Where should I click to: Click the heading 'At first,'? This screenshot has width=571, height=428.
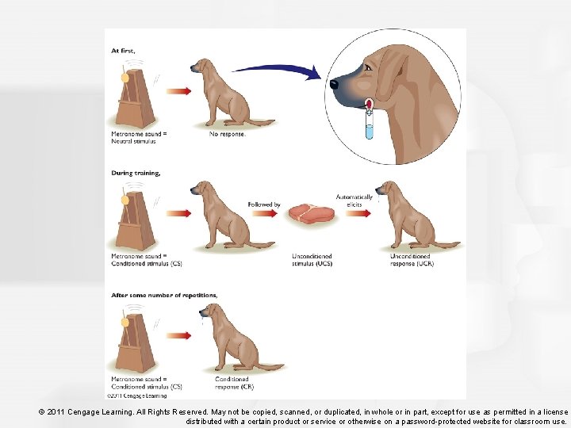coord(123,50)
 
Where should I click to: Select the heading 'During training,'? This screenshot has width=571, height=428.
coord(136,172)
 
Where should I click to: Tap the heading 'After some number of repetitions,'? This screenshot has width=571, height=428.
coord(163,295)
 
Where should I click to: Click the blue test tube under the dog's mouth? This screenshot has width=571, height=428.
coord(368,124)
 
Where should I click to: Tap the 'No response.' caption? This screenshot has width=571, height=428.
coord(228,134)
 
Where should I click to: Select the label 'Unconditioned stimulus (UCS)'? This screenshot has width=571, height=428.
coord(312,260)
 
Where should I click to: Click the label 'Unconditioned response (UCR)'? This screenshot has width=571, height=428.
coord(410,260)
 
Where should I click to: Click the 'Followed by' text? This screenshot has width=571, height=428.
coord(264,204)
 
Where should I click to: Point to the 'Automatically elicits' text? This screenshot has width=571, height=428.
coord(354,201)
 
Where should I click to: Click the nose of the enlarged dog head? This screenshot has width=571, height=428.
coord(334,82)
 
